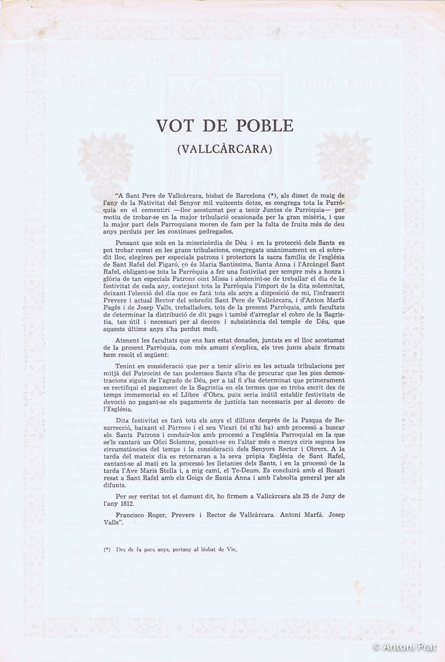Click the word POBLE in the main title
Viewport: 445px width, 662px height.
point(261,126)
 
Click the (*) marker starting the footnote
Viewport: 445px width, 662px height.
point(107,550)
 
